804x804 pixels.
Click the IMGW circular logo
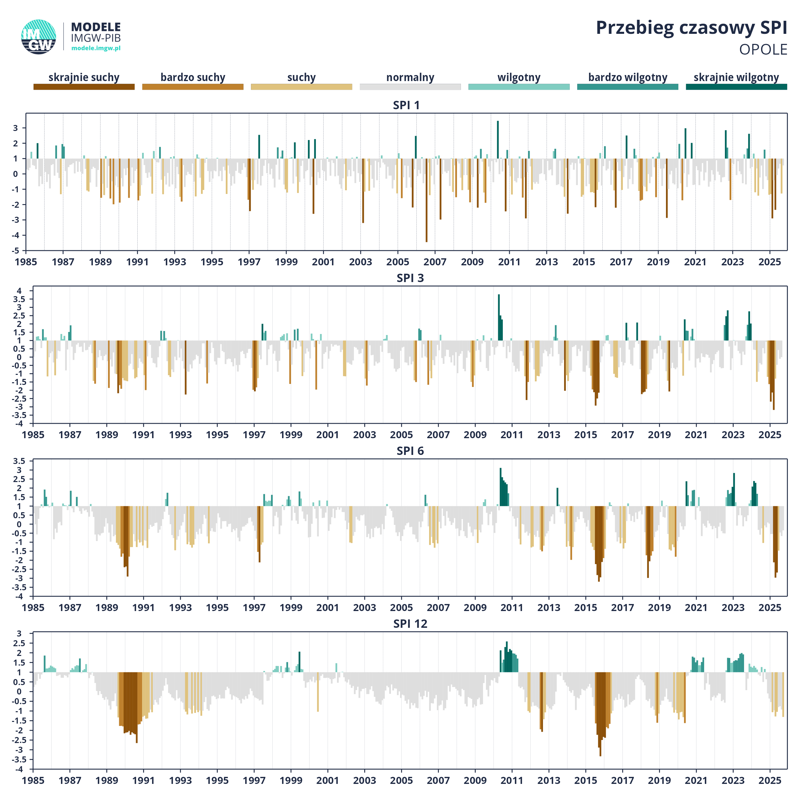point(39,37)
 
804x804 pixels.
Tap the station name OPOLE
point(763,50)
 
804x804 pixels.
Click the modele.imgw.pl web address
point(96,48)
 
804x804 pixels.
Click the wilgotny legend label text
point(519,77)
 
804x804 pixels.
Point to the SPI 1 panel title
point(406,105)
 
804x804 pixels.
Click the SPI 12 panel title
point(410,624)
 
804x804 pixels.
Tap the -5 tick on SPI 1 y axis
point(15,251)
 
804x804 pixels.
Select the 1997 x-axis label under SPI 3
point(254,435)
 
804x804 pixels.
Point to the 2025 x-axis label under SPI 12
point(769,781)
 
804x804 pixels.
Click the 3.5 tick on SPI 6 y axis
point(19,461)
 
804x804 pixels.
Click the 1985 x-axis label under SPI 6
point(33,608)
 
